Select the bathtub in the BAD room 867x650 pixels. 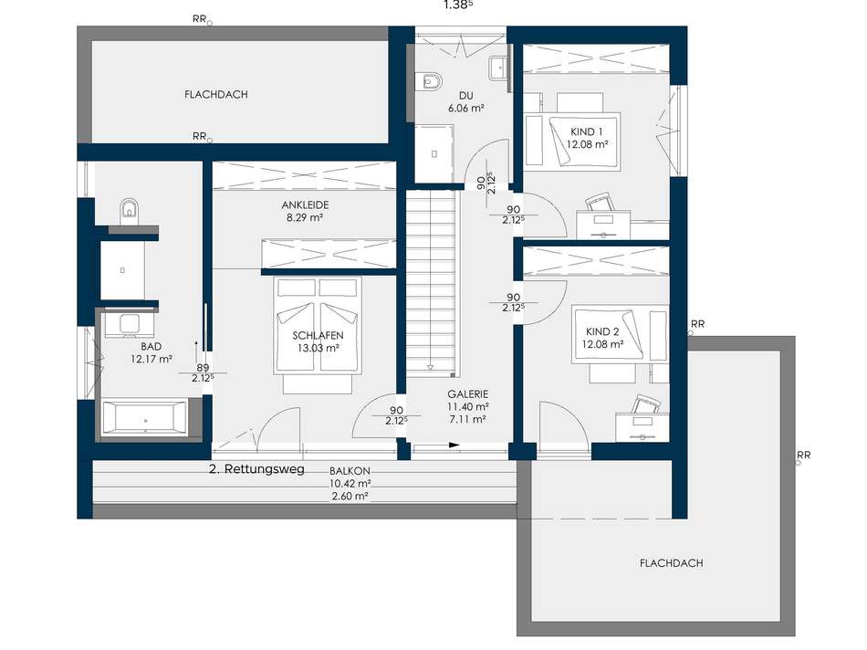[145, 417]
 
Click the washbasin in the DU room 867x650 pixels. [497, 68]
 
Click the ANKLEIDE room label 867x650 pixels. [305, 205]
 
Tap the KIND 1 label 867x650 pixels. [587, 132]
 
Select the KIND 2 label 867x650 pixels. [602, 332]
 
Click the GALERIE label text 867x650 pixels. [468, 394]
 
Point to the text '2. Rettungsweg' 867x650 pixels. [257, 469]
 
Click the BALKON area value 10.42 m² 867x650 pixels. [350, 484]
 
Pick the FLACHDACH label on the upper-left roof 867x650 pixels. [216, 95]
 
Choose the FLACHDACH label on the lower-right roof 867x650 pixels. [672, 563]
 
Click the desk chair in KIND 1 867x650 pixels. [600, 202]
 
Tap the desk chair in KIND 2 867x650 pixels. [646, 404]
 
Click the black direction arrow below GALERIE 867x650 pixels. [454, 445]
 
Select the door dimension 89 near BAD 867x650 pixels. [203, 368]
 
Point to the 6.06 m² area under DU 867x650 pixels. [466, 109]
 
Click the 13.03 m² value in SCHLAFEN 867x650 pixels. [318, 348]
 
